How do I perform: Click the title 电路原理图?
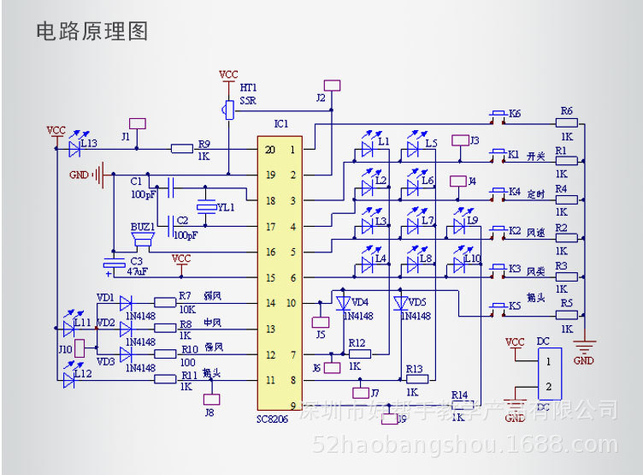(92, 32)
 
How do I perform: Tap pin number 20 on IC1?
(270, 150)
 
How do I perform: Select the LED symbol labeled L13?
(74, 148)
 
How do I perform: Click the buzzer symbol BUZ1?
(141, 242)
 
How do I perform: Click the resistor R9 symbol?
(181, 148)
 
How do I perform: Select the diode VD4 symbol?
(343, 303)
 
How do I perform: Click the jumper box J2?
(333, 86)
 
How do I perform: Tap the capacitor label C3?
(136, 260)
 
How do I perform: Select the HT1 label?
(248, 87)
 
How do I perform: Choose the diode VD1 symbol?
(126, 302)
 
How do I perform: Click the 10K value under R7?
(186, 309)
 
